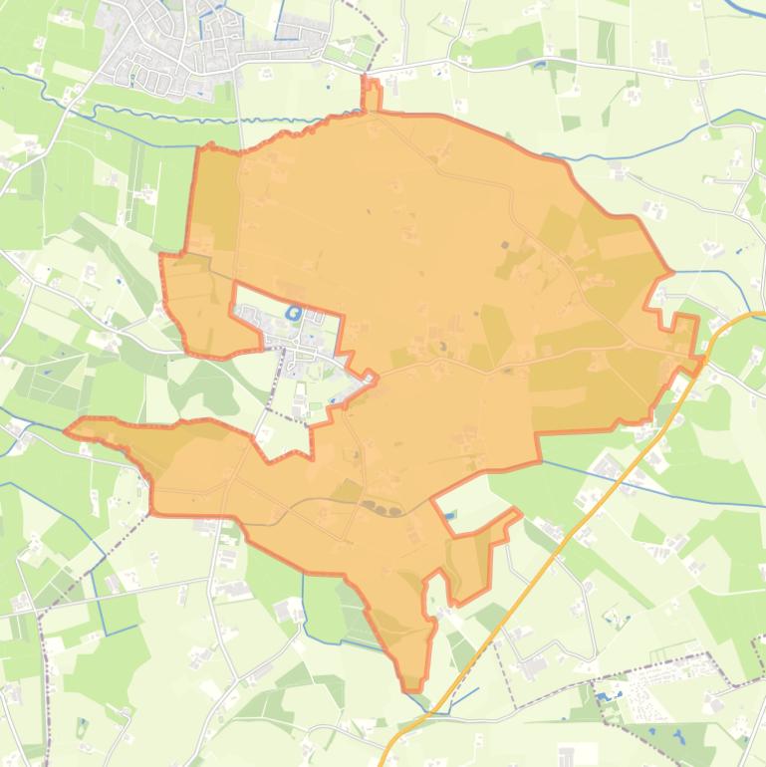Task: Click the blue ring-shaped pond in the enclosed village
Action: point(294,314)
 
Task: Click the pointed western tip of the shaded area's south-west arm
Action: point(68,431)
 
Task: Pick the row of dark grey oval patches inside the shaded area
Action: point(383,510)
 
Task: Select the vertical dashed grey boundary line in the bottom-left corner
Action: point(44,677)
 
